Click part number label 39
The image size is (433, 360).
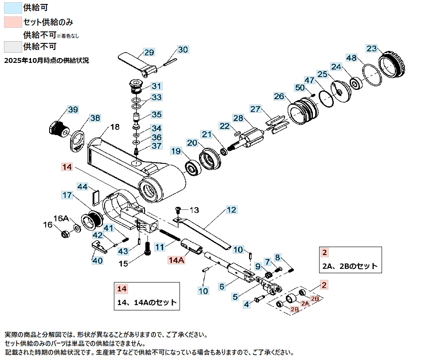pyautogui.click(x=73, y=110)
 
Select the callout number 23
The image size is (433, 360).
pyautogui.click(x=372, y=48)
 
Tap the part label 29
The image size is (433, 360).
pyautogui.click(x=149, y=52)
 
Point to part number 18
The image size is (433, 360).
pyautogui.click(x=115, y=127)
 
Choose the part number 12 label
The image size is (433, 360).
pyautogui.click(x=231, y=210)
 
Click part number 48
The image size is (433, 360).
pyautogui.click(x=351, y=58)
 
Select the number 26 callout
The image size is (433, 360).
pyautogui.click(x=279, y=96)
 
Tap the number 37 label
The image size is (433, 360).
pyautogui.click(x=156, y=146)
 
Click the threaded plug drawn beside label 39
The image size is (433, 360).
pyautogui.click(x=57, y=128)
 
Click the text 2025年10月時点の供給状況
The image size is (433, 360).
pyautogui.click(x=47, y=61)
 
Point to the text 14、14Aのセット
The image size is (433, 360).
pyautogui.click(x=147, y=303)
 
